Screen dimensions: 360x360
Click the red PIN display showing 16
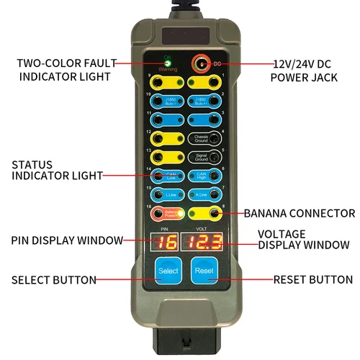[x=167, y=243]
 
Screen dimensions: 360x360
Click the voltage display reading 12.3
[x=202, y=243]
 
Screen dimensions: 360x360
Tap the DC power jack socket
[x=199, y=65]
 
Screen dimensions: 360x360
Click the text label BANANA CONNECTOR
[x=299, y=213]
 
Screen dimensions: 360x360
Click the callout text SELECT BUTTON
[x=53, y=279]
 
